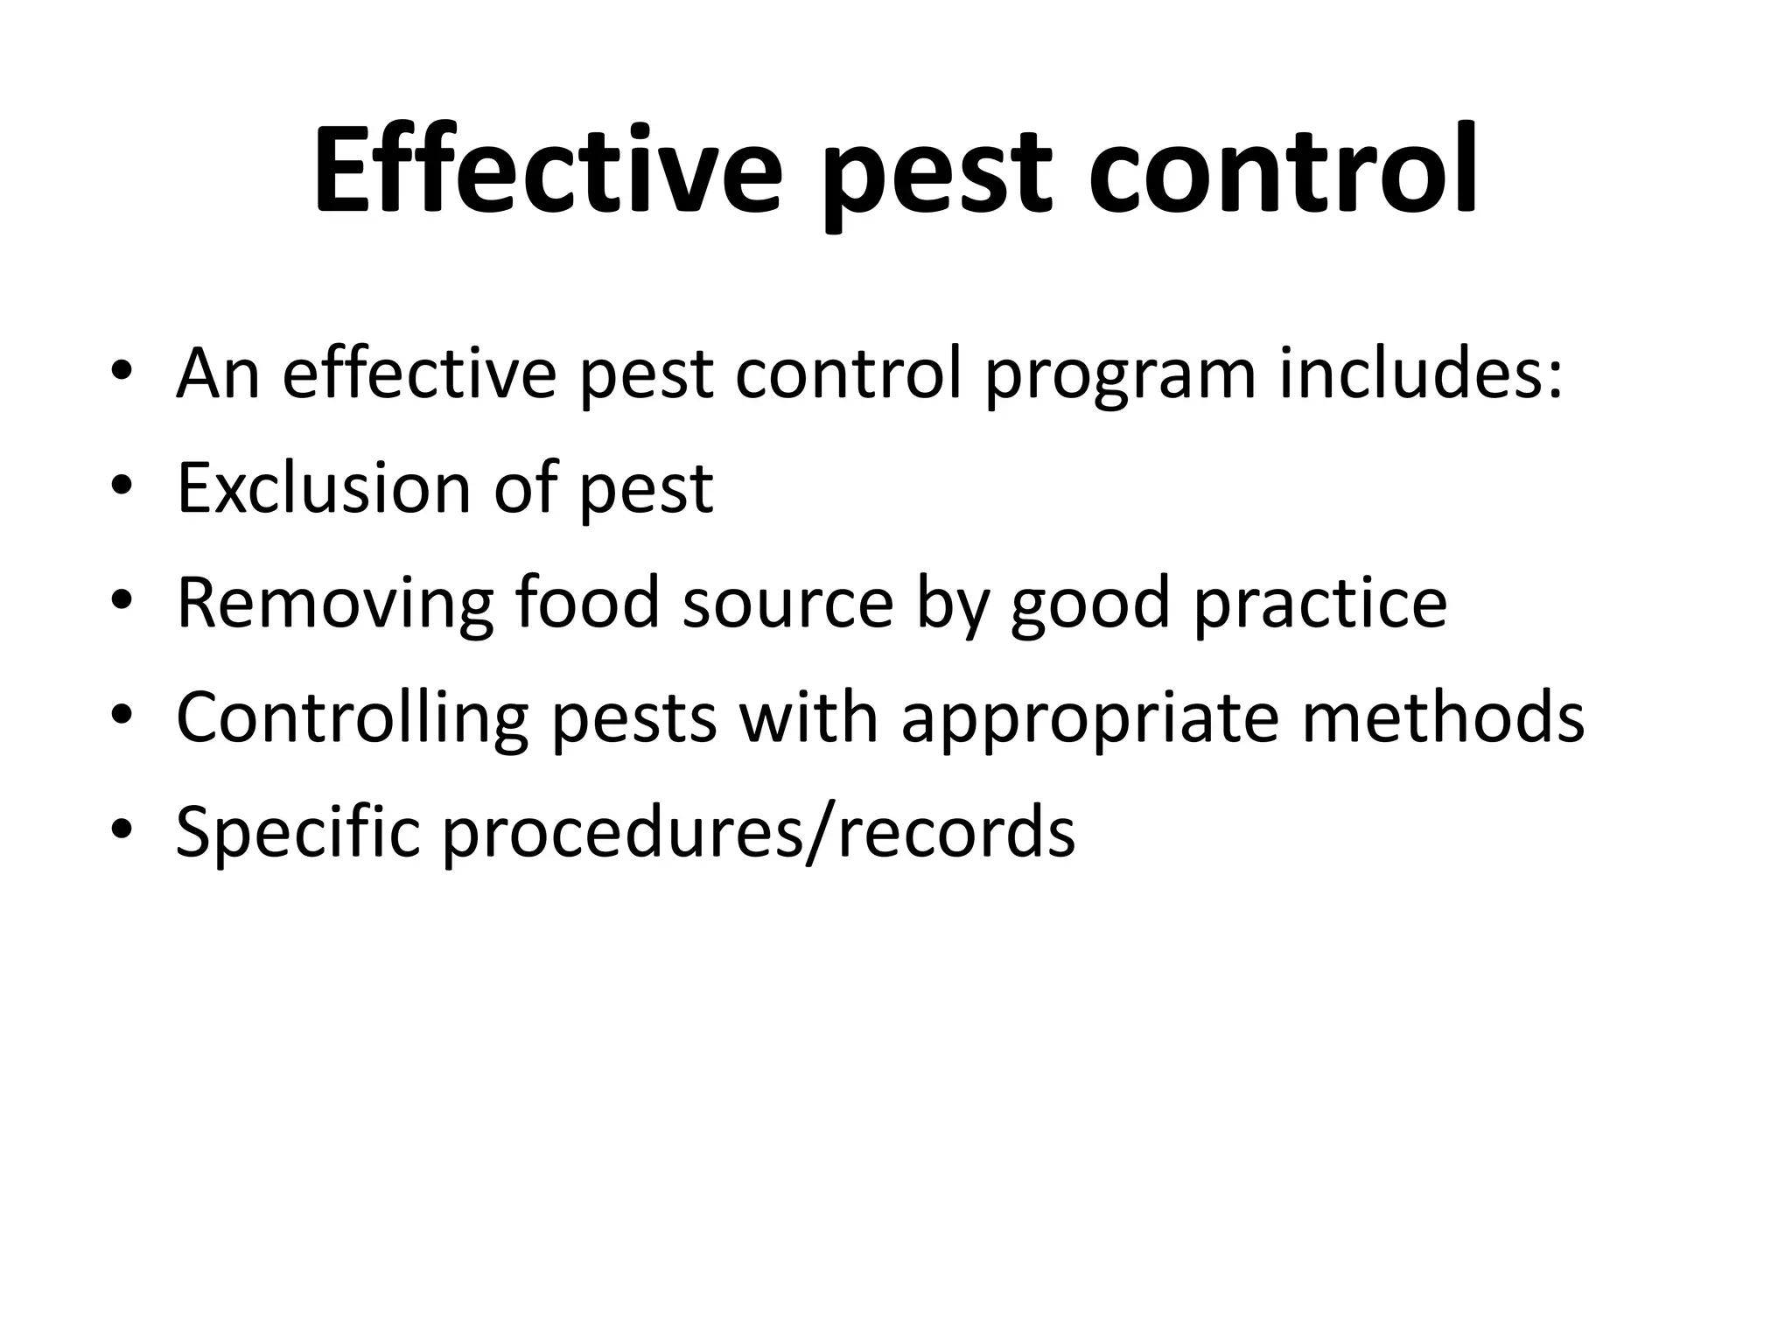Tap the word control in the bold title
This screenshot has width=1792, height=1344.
coord(1284,171)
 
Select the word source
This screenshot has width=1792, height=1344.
coord(787,605)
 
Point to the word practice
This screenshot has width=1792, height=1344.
coord(1320,605)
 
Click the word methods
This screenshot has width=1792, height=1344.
coord(1443,717)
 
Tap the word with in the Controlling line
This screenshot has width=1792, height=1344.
coord(808,717)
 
